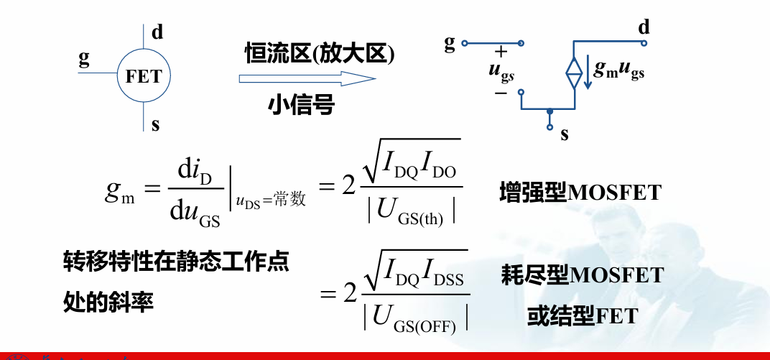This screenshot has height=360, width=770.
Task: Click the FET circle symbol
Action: coord(144,75)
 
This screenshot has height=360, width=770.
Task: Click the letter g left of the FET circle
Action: coord(84,58)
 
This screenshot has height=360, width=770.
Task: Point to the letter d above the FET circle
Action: coord(157,31)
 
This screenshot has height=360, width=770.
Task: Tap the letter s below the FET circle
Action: coord(156,125)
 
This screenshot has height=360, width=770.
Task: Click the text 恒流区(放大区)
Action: coord(320,52)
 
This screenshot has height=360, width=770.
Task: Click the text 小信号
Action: coord(302,105)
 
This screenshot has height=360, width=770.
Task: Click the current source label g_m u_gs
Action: coord(618,70)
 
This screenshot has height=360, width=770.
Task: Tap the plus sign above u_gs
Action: coord(501,51)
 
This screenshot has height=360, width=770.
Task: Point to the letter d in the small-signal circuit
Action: coord(644,27)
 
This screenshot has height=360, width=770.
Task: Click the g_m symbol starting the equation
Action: coord(119,190)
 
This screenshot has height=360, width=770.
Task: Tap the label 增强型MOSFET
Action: coord(580,193)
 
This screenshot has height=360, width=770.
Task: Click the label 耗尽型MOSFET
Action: coord(581,274)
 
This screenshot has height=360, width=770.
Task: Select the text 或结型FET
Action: coord(582,315)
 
